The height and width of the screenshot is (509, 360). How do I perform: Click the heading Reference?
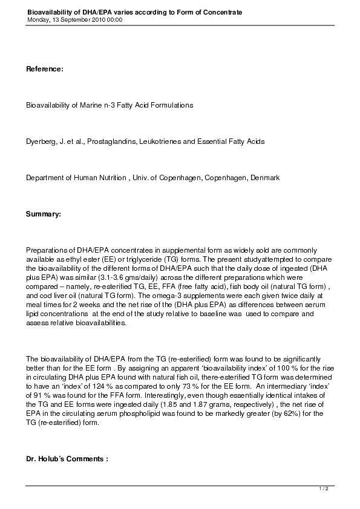pyautogui.click(x=44, y=70)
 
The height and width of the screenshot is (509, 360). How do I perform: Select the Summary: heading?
pyautogui.click(x=43, y=214)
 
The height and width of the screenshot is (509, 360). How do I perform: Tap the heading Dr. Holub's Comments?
pyautogui.click(x=67, y=459)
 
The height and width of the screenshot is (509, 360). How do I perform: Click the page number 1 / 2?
pyautogui.click(x=324, y=488)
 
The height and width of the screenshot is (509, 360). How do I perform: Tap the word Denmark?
pyautogui.click(x=264, y=178)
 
